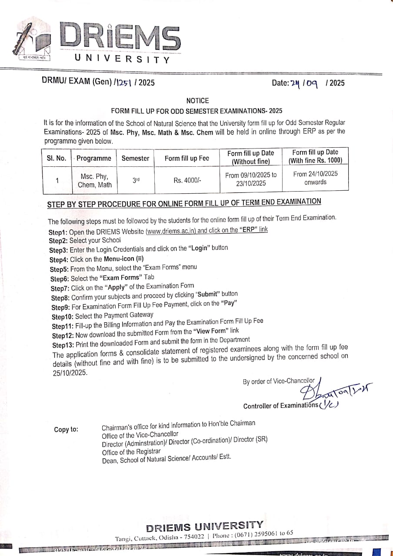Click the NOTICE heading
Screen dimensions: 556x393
click(x=197, y=100)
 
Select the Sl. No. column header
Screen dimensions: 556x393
click(x=57, y=158)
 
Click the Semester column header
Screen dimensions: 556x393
click(x=135, y=158)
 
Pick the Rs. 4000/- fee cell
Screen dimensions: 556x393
click(x=187, y=180)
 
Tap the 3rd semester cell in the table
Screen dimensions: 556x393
click(x=136, y=179)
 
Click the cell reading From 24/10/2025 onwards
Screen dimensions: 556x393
click(x=315, y=178)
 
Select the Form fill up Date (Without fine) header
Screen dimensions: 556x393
click(x=251, y=157)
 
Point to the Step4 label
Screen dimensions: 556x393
click(x=59, y=260)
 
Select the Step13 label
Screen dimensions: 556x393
click(x=63, y=345)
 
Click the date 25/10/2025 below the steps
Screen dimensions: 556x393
click(x=70, y=372)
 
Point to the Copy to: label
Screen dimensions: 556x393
click(x=66, y=430)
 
